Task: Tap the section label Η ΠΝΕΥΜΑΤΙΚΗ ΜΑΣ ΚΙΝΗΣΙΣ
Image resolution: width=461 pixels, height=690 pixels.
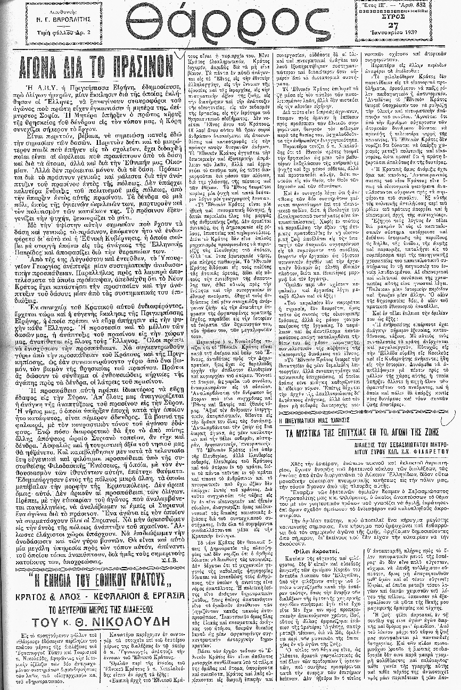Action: (312, 420)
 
